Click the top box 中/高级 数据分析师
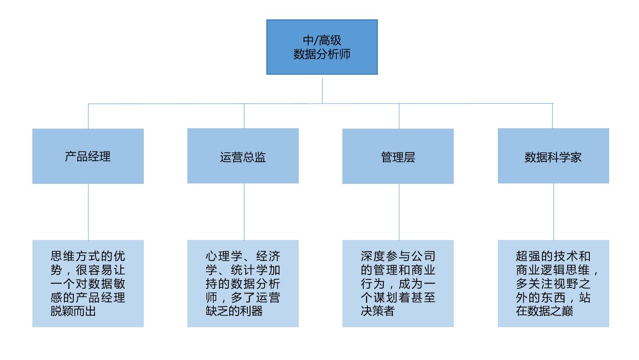pyautogui.click(x=322, y=47)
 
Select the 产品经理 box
pyautogui.click(x=88, y=156)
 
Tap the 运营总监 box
pyautogui.click(x=243, y=156)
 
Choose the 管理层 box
pyautogui.click(x=398, y=156)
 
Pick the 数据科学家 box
pyautogui.click(x=553, y=156)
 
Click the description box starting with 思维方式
pyautogui.click(x=88, y=284)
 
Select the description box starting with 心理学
pyautogui.click(x=243, y=284)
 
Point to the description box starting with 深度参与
pyautogui.click(x=398, y=284)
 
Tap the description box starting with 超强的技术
pyautogui.click(x=553, y=284)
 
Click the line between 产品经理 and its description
pyautogui.click(x=88, y=212)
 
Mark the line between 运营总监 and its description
pyautogui.click(x=244, y=212)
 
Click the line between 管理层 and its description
pyautogui.click(x=399, y=212)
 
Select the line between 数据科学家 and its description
pyautogui.click(x=554, y=212)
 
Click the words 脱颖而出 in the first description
pyautogui.click(x=73, y=311)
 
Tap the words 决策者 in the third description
pyautogui.click(x=378, y=311)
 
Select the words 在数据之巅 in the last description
pyautogui.click(x=544, y=311)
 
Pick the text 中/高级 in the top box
pyautogui.click(x=322, y=40)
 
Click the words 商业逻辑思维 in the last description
pyautogui.click(x=553, y=270)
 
